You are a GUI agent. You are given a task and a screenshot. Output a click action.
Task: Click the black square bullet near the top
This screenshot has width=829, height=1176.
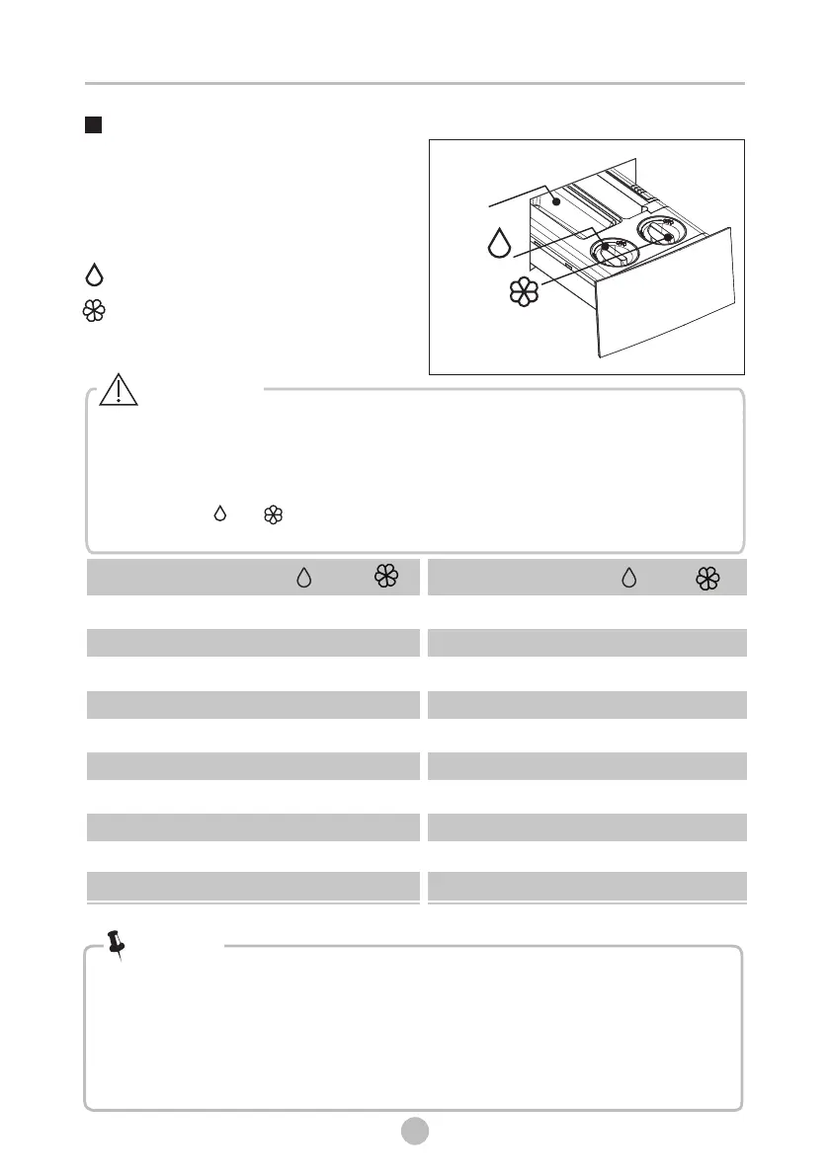(x=94, y=125)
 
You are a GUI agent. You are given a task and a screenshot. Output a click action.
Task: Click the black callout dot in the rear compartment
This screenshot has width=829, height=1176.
(x=557, y=200)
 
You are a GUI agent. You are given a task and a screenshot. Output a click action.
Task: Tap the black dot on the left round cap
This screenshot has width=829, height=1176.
(x=606, y=247)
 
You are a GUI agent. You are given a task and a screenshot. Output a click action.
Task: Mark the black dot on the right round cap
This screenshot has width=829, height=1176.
(x=669, y=238)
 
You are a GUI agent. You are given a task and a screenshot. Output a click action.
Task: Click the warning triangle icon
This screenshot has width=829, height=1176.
(x=118, y=391)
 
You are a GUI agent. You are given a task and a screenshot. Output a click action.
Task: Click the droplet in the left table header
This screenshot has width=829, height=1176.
(x=304, y=578)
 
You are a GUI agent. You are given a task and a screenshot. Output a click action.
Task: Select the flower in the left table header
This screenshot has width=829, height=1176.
(x=385, y=578)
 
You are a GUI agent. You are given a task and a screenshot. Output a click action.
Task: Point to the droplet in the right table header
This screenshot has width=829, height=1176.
(x=628, y=578)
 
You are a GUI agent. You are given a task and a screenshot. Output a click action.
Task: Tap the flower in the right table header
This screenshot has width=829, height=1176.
(x=707, y=578)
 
